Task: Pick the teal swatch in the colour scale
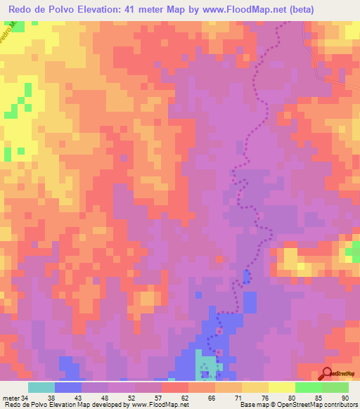coord(41,387)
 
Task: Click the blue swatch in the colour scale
coord(67,387)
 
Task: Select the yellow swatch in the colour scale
coord(281,387)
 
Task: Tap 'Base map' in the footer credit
coord(252,405)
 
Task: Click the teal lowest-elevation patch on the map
coord(205,364)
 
